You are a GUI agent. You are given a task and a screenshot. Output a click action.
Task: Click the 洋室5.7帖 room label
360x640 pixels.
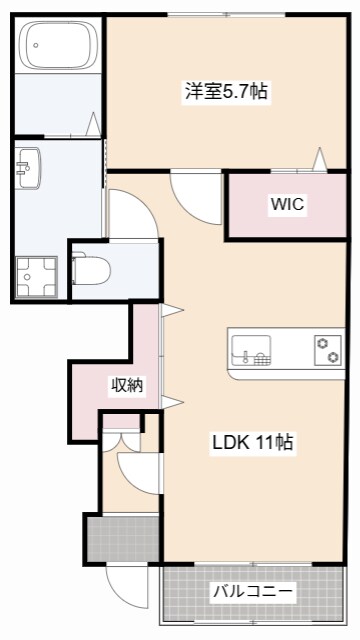(225, 91)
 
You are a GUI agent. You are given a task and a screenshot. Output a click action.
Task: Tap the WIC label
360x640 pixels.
(287, 205)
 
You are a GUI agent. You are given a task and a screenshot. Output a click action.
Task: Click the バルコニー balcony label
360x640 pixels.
(253, 592)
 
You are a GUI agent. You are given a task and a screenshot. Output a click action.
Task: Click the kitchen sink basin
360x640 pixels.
(251, 351)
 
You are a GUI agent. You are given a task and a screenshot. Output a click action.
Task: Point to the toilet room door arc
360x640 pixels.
(130, 215)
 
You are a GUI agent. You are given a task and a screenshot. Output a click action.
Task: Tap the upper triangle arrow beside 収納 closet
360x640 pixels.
(170, 310)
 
